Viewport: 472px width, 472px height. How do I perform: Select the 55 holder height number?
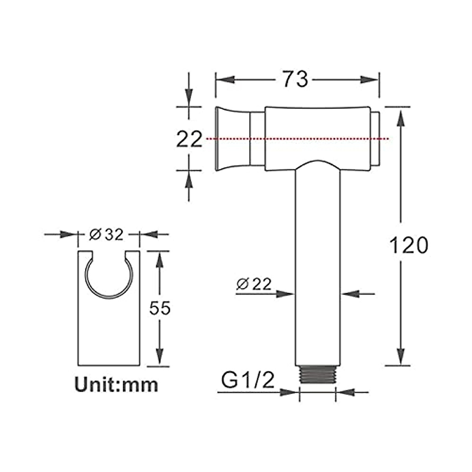tap(160, 308)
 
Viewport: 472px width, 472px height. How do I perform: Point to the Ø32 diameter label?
tap(106, 235)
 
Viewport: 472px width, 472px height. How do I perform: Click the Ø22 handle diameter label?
tap(254, 284)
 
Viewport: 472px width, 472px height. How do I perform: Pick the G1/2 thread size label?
tap(247, 381)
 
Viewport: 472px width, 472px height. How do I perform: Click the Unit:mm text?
tap(117, 384)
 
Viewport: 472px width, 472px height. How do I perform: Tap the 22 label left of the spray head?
tap(189, 139)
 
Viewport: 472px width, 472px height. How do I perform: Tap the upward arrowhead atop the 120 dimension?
tap(401, 118)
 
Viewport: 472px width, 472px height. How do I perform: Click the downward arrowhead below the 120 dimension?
tap(401, 357)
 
